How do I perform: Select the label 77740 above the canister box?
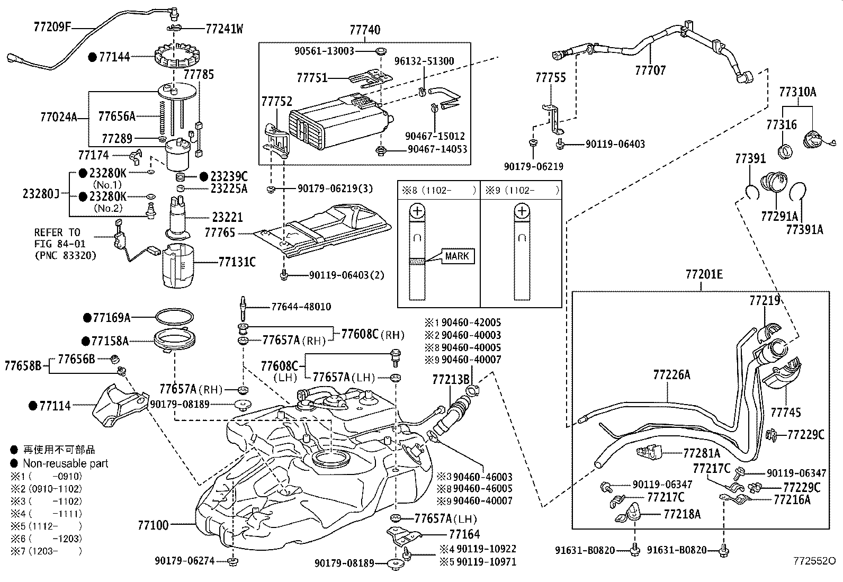365,30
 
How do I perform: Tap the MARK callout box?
457,256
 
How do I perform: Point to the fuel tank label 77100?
153,525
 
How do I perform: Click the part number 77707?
650,70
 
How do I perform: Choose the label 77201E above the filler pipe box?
704,275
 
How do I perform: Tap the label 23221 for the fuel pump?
227,217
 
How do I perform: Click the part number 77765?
220,232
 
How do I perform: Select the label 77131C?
237,262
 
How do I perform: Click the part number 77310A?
797,92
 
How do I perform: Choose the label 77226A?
671,375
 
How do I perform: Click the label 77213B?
451,379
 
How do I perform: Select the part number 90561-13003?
325,51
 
